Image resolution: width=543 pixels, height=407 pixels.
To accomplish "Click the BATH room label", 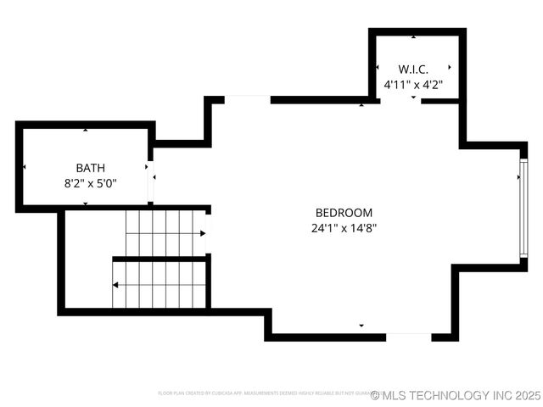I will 91,168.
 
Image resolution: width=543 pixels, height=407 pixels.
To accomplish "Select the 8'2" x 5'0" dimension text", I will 90,182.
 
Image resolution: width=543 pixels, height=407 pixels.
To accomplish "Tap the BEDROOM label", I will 344,213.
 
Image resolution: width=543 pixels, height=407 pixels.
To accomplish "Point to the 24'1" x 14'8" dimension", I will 344,227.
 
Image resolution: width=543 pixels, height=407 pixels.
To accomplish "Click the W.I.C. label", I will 413,69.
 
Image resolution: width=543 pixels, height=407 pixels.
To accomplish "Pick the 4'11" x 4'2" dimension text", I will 413,84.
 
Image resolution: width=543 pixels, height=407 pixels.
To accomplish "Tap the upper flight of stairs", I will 165,232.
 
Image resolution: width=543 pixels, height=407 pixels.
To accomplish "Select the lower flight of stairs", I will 160,284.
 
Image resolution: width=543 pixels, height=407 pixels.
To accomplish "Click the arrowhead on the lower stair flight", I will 115,284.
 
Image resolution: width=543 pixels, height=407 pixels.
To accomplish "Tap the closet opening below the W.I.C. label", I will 400,101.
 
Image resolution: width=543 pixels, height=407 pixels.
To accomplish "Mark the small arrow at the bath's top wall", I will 86,130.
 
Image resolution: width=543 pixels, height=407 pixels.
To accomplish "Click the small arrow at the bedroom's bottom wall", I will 361,326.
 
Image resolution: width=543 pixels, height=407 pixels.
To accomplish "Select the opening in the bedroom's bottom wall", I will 409,337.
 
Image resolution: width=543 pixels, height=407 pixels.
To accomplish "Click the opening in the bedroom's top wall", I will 247,99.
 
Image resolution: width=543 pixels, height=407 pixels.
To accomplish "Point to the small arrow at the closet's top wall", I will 413,37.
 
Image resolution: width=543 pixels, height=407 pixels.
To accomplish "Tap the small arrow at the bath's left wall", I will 25,167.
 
